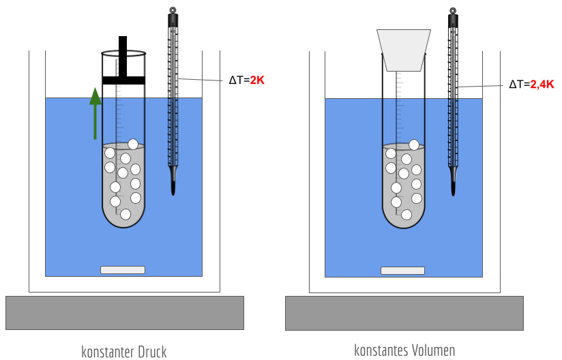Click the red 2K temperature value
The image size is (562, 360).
pos(257,80)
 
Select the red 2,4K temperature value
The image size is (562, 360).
pos(542,85)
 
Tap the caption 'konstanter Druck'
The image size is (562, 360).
pos(123,351)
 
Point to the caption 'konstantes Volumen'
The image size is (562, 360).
pos(404,350)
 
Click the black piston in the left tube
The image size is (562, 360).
pos(123,80)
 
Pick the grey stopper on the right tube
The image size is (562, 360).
pos(404,50)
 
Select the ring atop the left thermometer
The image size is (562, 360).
pos(173,10)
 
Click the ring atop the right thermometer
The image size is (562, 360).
pos(452,11)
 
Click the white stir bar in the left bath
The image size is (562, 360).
pos(123,270)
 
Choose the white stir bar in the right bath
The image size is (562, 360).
pos(402,271)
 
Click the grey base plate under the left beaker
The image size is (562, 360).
pos(124,313)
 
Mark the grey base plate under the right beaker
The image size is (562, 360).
pos(404,313)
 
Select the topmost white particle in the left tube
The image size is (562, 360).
pos(133,144)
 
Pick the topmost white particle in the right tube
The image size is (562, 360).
pos(414,145)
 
